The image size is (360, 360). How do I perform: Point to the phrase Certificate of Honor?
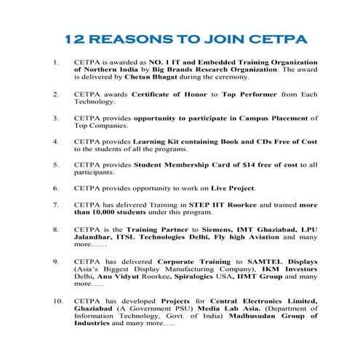pos(175,95)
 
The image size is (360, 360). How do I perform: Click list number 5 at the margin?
pos(56,164)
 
